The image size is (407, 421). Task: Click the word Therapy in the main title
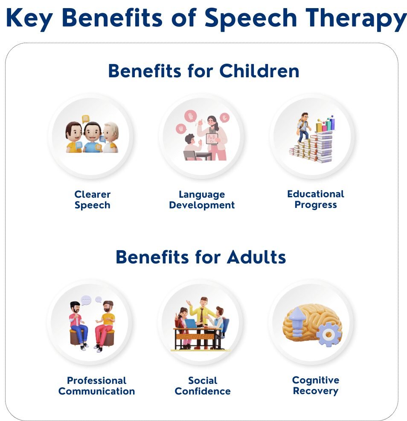coord(356,19)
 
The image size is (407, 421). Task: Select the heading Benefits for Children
coord(203,71)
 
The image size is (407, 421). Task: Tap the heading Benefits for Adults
coord(201,257)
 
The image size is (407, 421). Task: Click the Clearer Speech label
coord(92,199)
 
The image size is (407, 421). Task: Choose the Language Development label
coord(202,199)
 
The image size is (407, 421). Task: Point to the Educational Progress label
coord(316,199)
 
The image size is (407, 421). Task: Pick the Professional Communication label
coord(96,386)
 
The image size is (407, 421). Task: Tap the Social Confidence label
coord(203,386)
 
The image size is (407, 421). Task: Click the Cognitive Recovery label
coord(316,385)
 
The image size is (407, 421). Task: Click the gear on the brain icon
coord(329,334)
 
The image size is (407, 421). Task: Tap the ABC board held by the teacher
coord(212,139)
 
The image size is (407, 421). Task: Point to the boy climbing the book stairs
coord(303,127)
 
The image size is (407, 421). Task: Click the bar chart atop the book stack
coord(326,123)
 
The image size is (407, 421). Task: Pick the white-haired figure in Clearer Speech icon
coord(110,137)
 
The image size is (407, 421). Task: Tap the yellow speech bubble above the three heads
coord(85,119)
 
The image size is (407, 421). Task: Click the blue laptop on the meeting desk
coord(190,324)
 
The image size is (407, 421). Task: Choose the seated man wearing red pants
coord(105,326)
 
